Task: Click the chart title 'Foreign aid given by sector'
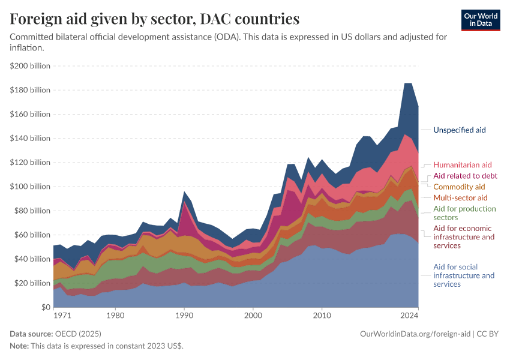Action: pyautogui.click(x=155, y=19)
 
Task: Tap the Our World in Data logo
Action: pyautogui.click(x=480, y=20)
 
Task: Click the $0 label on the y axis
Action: pyautogui.click(x=43, y=307)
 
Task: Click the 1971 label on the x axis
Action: pyautogui.click(x=62, y=315)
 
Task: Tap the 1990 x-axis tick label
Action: pyautogui.click(x=184, y=315)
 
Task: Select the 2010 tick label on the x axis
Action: pyautogui.click(x=322, y=315)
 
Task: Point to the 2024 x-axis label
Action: pyautogui.click(x=409, y=315)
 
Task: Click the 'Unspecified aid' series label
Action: pyautogui.click(x=459, y=130)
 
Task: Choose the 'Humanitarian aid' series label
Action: pyautogui.click(x=462, y=165)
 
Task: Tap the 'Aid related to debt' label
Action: pyautogui.click(x=465, y=176)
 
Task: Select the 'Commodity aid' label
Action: pyautogui.click(x=459, y=187)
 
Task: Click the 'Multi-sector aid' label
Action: pyautogui.click(x=460, y=198)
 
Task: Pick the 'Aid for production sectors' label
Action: pyautogui.click(x=464, y=213)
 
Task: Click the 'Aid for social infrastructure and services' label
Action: pyautogui.click(x=463, y=275)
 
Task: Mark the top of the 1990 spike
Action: pyautogui.click(x=184, y=191)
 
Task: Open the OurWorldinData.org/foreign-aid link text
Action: pyautogui.click(x=415, y=334)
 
